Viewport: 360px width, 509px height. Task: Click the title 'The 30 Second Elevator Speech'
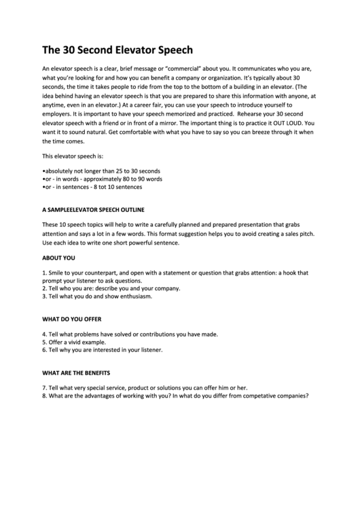point(118,50)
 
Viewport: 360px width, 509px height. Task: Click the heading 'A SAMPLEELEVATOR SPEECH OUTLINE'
point(94,209)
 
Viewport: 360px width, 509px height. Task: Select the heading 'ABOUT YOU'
point(58,258)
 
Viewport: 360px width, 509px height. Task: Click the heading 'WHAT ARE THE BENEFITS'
point(76,372)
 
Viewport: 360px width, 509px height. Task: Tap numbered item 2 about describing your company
point(111,288)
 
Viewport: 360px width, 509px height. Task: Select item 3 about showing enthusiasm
point(97,296)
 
